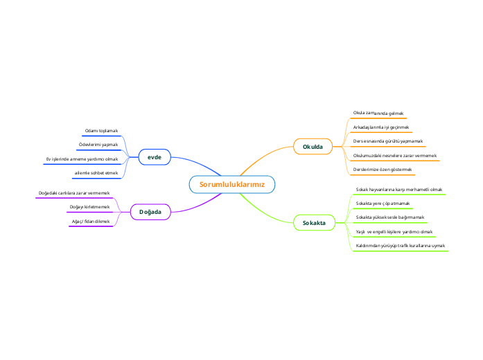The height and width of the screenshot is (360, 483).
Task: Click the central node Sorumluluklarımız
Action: click(x=232, y=185)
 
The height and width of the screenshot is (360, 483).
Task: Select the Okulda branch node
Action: click(x=313, y=147)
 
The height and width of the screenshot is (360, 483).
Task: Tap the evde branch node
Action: click(x=155, y=158)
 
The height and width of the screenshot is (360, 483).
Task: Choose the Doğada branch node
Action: click(x=150, y=212)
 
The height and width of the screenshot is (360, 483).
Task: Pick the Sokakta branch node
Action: click(x=314, y=223)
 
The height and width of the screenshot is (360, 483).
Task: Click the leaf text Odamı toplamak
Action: click(x=101, y=131)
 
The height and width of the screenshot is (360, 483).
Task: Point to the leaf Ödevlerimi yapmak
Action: click(x=98, y=145)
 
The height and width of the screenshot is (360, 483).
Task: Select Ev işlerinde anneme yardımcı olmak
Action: click(x=82, y=159)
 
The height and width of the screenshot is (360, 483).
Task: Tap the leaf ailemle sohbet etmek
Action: click(x=96, y=172)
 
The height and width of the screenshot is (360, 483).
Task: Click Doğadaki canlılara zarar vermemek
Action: click(x=73, y=192)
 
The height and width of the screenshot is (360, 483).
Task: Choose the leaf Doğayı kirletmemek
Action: click(x=90, y=207)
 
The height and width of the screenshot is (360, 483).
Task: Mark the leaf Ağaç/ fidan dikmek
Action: click(x=91, y=221)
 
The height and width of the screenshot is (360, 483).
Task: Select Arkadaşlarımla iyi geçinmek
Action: click(x=381, y=127)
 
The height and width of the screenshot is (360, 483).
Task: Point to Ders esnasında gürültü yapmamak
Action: click(x=388, y=141)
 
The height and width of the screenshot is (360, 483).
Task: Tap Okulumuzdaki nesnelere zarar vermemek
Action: click(x=394, y=156)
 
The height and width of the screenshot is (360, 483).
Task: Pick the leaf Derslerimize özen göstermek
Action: click(x=383, y=170)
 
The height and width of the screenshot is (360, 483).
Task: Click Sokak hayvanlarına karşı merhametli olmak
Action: click(x=398, y=189)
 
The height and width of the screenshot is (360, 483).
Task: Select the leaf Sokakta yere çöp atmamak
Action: click(x=383, y=204)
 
